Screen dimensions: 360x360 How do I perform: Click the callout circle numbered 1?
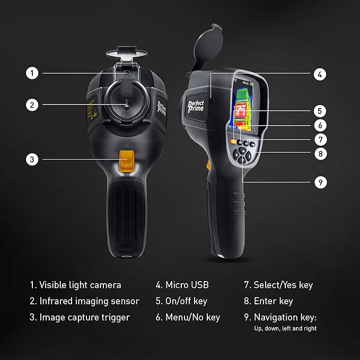coord(33,73)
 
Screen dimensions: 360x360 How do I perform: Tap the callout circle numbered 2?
coord(33,105)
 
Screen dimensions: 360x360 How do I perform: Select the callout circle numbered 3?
coord(33,159)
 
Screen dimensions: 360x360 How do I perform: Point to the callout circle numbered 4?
coord(319,74)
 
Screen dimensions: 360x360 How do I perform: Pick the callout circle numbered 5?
coord(319,111)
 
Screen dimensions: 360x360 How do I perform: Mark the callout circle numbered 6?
coord(319,126)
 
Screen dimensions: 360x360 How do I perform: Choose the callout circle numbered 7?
coord(319,140)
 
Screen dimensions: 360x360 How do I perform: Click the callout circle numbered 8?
coord(319,154)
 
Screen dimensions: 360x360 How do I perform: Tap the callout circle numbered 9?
coord(319,182)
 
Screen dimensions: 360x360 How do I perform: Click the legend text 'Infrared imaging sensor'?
coord(89,301)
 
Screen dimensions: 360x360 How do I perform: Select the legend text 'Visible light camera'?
coord(80,285)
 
